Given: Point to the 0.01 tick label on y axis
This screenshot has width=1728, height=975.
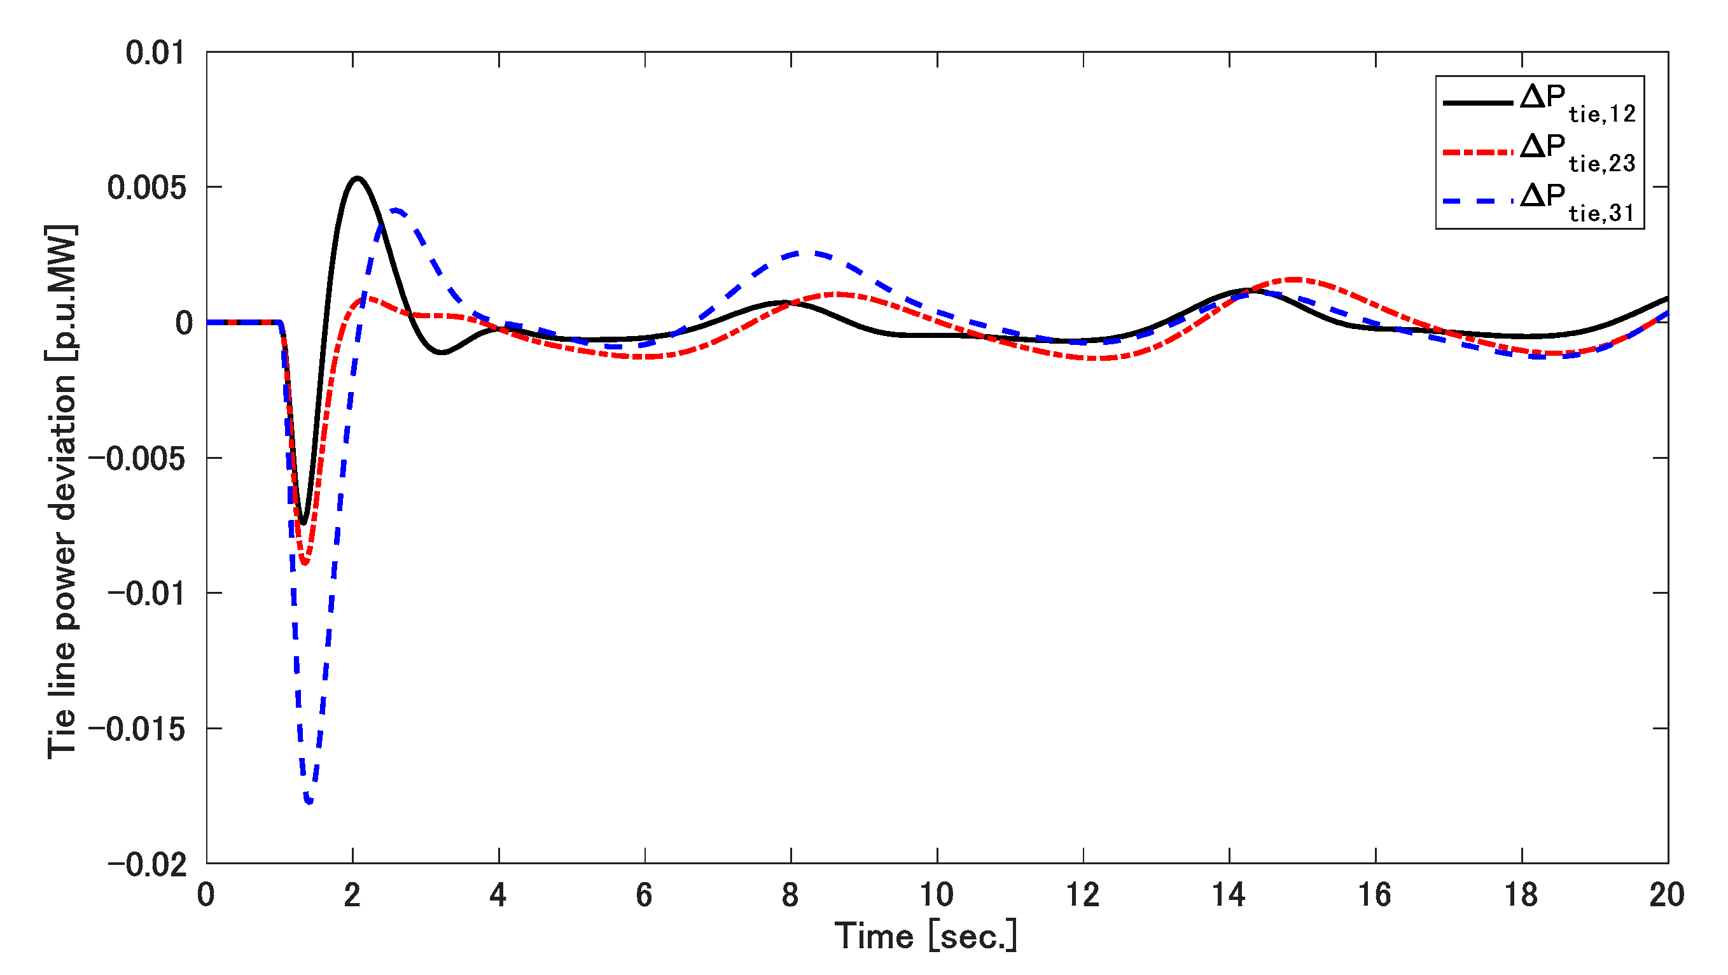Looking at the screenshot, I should (155, 53).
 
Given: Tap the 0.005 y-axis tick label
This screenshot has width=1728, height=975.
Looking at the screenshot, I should (146, 188).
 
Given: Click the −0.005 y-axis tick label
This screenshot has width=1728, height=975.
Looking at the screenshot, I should (136, 459).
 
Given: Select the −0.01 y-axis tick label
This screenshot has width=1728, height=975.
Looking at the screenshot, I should (146, 594).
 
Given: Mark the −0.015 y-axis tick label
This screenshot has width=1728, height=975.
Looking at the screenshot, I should (136, 729).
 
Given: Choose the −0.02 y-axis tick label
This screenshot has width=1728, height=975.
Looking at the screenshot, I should (146, 864).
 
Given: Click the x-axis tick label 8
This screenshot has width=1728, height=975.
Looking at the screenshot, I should (790, 895).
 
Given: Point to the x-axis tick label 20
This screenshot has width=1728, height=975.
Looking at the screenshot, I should (1667, 895).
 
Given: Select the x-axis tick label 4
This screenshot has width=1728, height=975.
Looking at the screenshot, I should (498, 895).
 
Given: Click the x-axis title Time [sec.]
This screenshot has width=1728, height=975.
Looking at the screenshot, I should (926, 936).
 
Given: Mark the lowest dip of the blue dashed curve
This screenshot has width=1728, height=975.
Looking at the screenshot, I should (309, 801).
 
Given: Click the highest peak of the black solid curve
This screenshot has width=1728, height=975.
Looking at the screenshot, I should (358, 178).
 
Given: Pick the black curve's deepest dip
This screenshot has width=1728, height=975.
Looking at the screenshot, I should (303, 523).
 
